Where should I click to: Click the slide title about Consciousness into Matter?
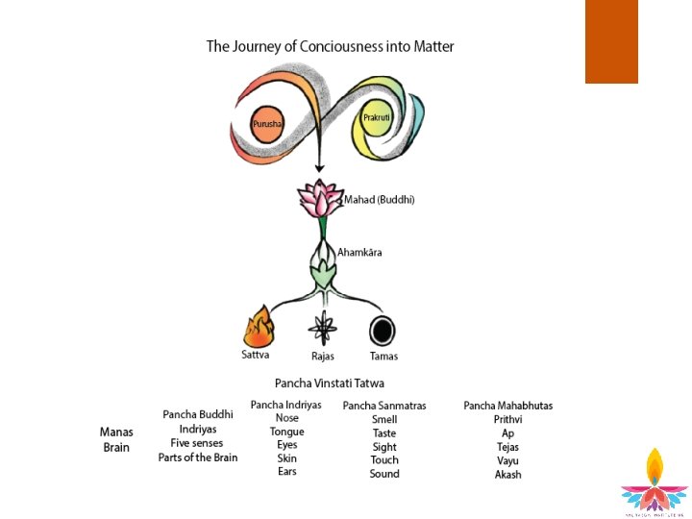pyautogui.click(x=330, y=46)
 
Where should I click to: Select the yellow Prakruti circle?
pyautogui.click(x=377, y=119)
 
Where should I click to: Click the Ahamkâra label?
pyautogui.click(x=359, y=253)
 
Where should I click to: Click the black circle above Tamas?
pyautogui.click(x=383, y=330)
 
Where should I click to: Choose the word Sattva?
pyautogui.click(x=256, y=356)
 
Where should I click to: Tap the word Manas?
pyautogui.click(x=116, y=432)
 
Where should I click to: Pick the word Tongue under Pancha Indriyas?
pyautogui.click(x=286, y=432)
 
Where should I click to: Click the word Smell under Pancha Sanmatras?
pyautogui.click(x=384, y=420)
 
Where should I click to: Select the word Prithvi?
pyautogui.click(x=507, y=419)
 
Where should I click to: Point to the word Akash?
pyautogui.click(x=507, y=475)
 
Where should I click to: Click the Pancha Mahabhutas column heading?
pyautogui.click(x=507, y=406)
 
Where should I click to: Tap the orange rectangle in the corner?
pyautogui.click(x=611, y=41)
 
